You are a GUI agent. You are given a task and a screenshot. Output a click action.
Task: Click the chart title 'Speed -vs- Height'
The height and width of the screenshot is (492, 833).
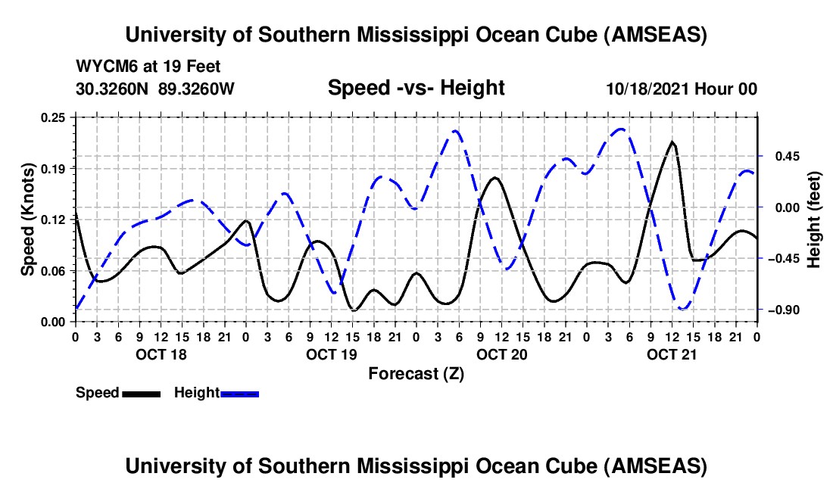pos(416,88)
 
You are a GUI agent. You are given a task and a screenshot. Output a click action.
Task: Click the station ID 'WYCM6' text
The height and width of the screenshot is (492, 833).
pos(104,67)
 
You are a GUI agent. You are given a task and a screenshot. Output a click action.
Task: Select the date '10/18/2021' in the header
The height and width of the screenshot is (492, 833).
pos(647,89)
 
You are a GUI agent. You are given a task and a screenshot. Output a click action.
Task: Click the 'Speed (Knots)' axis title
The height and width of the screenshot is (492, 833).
pos(28,220)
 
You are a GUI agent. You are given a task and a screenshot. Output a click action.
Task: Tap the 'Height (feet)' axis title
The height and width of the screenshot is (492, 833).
pos(814,220)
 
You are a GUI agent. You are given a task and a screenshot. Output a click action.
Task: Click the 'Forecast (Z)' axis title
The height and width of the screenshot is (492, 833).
pos(416,373)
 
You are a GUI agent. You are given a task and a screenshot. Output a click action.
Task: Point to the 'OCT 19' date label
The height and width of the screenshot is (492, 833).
pos(331,353)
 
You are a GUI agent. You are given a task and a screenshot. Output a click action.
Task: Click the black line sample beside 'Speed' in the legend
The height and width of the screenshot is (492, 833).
pos(141,393)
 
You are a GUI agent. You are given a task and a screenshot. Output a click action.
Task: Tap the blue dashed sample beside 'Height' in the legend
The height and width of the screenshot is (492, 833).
pos(240,393)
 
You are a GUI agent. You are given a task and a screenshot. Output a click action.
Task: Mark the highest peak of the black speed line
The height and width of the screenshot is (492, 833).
pos(672,142)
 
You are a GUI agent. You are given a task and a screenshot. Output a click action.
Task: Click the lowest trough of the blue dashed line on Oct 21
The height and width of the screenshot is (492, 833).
pos(683,309)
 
